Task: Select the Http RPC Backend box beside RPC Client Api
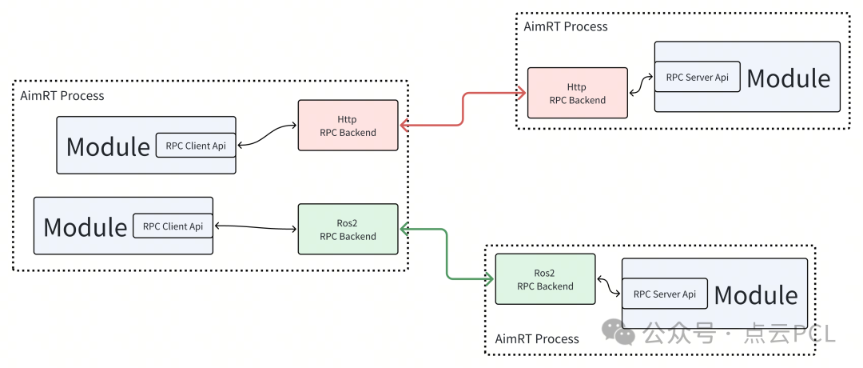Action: (348, 126)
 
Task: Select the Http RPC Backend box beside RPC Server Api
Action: (577, 94)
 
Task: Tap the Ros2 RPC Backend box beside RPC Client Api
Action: (348, 230)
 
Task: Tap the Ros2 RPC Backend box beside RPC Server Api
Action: (545, 279)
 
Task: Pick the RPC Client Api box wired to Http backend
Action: (196, 146)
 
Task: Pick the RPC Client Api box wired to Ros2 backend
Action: (173, 226)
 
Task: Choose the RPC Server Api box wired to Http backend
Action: (697, 78)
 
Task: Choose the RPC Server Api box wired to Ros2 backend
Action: (664, 294)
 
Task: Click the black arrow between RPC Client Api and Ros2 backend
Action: (256, 228)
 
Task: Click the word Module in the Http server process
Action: (788, 78)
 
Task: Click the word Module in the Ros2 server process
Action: (755, 295)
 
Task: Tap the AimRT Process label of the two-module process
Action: (62, 96)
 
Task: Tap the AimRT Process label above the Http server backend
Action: (566, 26)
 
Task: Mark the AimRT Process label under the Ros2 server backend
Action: (537, 338)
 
